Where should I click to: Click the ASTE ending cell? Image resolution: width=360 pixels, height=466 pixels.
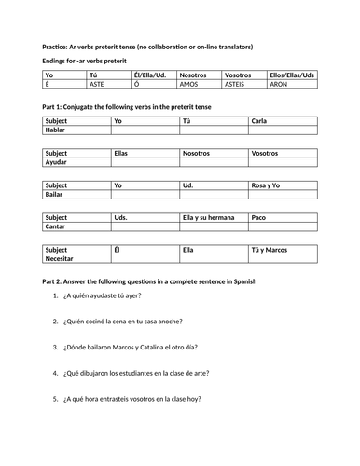pyautogui.click(x=98, y=84)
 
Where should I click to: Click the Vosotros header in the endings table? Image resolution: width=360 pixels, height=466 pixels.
pyautogui.click(x=241, y=75)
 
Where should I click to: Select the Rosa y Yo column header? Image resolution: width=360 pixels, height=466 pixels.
pyautogui.click(x=266, y=185)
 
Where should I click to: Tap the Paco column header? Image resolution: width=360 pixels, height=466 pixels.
pyautogui.click(x=260, y=218)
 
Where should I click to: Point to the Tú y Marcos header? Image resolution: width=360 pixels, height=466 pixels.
pyautogui.click(x=270, y=251)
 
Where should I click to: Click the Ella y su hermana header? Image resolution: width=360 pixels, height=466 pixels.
pyautogui.click(x=208, y=218)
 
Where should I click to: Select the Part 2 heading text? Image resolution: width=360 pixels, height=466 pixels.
pyautogui.click(x=149, y=281)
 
